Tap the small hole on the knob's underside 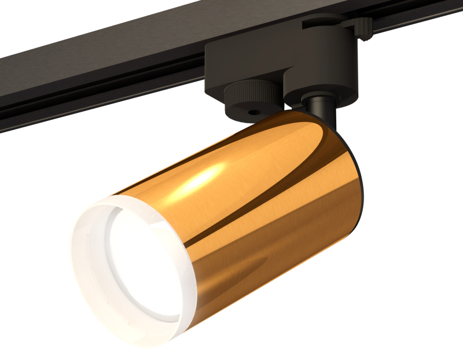pyautogui.click(x=252, y=109)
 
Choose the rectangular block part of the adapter pyautogui.click(x=243, y=58)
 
